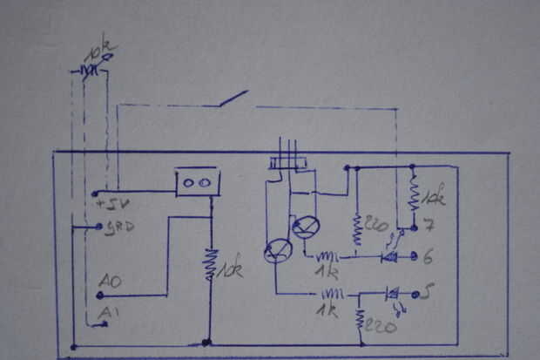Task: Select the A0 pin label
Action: coord(110,282)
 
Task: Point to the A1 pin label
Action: coord(106,312)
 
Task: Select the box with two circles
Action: coord(197,183)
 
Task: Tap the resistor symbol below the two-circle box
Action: coord(210,265)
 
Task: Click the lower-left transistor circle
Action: coord(278,251)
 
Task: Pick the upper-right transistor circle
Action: coord(306,228)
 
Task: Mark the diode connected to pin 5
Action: coord(391,294)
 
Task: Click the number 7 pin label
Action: coord(428,228)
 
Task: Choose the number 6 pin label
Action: coord(428,257)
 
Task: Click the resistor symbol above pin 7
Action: coord(414,195)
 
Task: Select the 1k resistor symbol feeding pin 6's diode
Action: coord(327,256)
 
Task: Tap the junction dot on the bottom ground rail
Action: coord(206,343)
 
